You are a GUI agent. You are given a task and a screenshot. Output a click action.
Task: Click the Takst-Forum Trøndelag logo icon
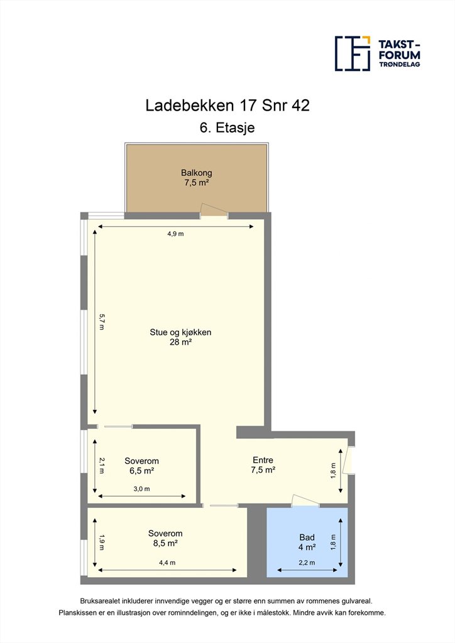[353, 53]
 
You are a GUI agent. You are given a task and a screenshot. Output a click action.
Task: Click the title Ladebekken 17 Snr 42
[227, 105]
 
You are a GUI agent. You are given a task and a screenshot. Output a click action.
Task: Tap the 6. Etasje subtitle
[227, 127]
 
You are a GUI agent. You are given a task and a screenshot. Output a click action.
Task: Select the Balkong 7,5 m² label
[197, 178]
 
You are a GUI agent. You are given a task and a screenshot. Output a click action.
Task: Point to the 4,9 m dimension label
[175, 234]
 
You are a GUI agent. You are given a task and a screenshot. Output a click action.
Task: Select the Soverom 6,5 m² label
[141, 465]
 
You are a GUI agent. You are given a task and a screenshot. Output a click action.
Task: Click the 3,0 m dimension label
[141, 489]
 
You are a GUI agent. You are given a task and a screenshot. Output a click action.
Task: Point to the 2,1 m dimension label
[102, 465]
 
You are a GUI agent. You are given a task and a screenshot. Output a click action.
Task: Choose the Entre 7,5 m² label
[263, 465]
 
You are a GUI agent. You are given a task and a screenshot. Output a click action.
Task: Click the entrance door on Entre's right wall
[349, 459]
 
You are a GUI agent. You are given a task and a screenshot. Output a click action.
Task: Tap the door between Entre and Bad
[305, 500]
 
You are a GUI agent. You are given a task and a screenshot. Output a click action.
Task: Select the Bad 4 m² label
[307, 542]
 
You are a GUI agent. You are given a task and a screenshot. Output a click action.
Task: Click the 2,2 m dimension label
[307, 563]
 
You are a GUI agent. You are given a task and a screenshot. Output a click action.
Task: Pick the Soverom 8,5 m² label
[165, 538]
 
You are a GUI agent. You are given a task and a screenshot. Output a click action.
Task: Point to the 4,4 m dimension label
[167, 563]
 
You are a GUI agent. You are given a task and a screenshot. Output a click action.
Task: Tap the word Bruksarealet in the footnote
[100, 601]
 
